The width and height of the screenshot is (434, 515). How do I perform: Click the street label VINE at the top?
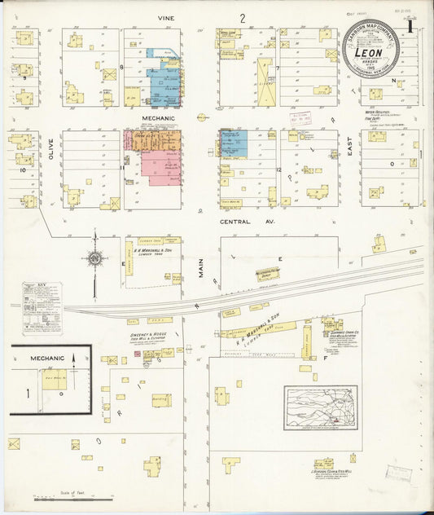click(x=169, y=17)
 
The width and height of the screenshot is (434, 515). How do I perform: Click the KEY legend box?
click(x=42, y=307)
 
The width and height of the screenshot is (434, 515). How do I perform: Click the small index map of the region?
click(x=320, y=407)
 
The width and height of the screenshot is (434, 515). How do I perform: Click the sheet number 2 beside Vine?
click(x=243, y=17)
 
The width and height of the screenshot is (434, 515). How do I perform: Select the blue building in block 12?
click(x=235, y=143)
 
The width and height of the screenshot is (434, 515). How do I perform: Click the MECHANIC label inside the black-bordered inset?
click(x=47, y=358)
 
